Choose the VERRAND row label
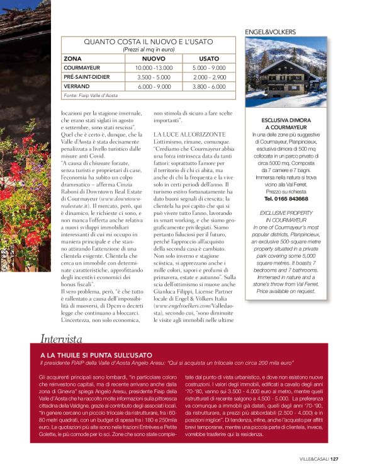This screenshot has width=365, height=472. [x=76, y=86]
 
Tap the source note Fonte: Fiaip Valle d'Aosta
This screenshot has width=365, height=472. [x=91, y=95]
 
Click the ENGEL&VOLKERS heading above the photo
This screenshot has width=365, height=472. [x=270, y=32]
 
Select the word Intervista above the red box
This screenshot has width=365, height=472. [x=61, y=338]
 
